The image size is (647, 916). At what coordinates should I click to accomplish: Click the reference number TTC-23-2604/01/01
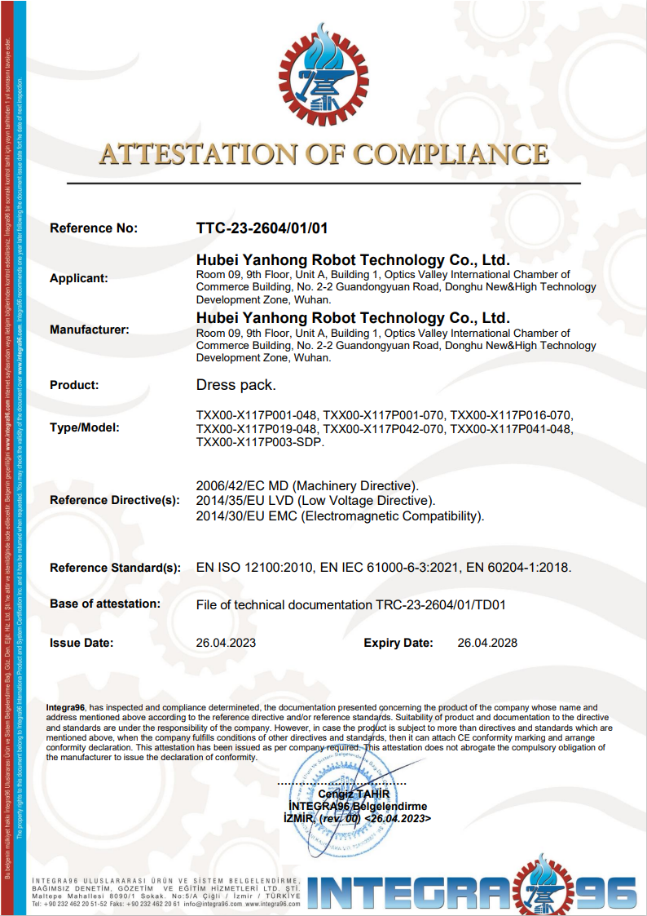coord(262,228)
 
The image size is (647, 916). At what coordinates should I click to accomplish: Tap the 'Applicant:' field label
coord(79,278)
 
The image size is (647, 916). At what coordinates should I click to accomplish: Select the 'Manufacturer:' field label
coord(90,330)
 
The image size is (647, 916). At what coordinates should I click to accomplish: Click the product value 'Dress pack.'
coord(236,385)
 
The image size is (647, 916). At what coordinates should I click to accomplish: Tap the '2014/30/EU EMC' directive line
coord(341,516)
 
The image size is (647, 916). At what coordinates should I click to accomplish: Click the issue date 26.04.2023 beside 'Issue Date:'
coord(226,643)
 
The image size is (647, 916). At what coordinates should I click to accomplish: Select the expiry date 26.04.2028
coord(487,643)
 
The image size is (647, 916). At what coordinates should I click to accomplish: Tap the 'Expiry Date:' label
coord(398,643)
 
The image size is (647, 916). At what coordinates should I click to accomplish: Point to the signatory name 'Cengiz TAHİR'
coord(354,794)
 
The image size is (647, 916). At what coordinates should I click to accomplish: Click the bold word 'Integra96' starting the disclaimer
coord(66,707)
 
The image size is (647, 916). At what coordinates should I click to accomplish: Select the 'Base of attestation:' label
coord(105,604)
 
